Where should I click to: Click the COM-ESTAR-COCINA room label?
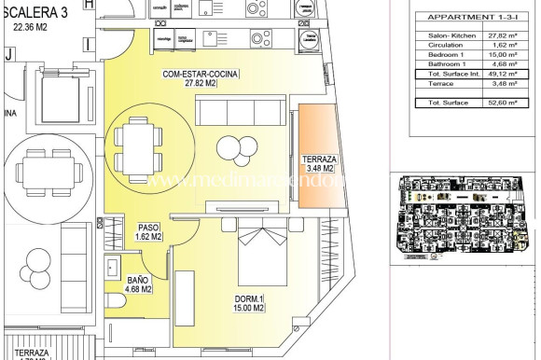click(201, 74)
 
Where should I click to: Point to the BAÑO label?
click(139, 279)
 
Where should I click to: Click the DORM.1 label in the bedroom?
click(250, 299)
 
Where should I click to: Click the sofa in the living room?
click(237, 113)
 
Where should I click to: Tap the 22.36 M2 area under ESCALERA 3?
click(36, 27)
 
